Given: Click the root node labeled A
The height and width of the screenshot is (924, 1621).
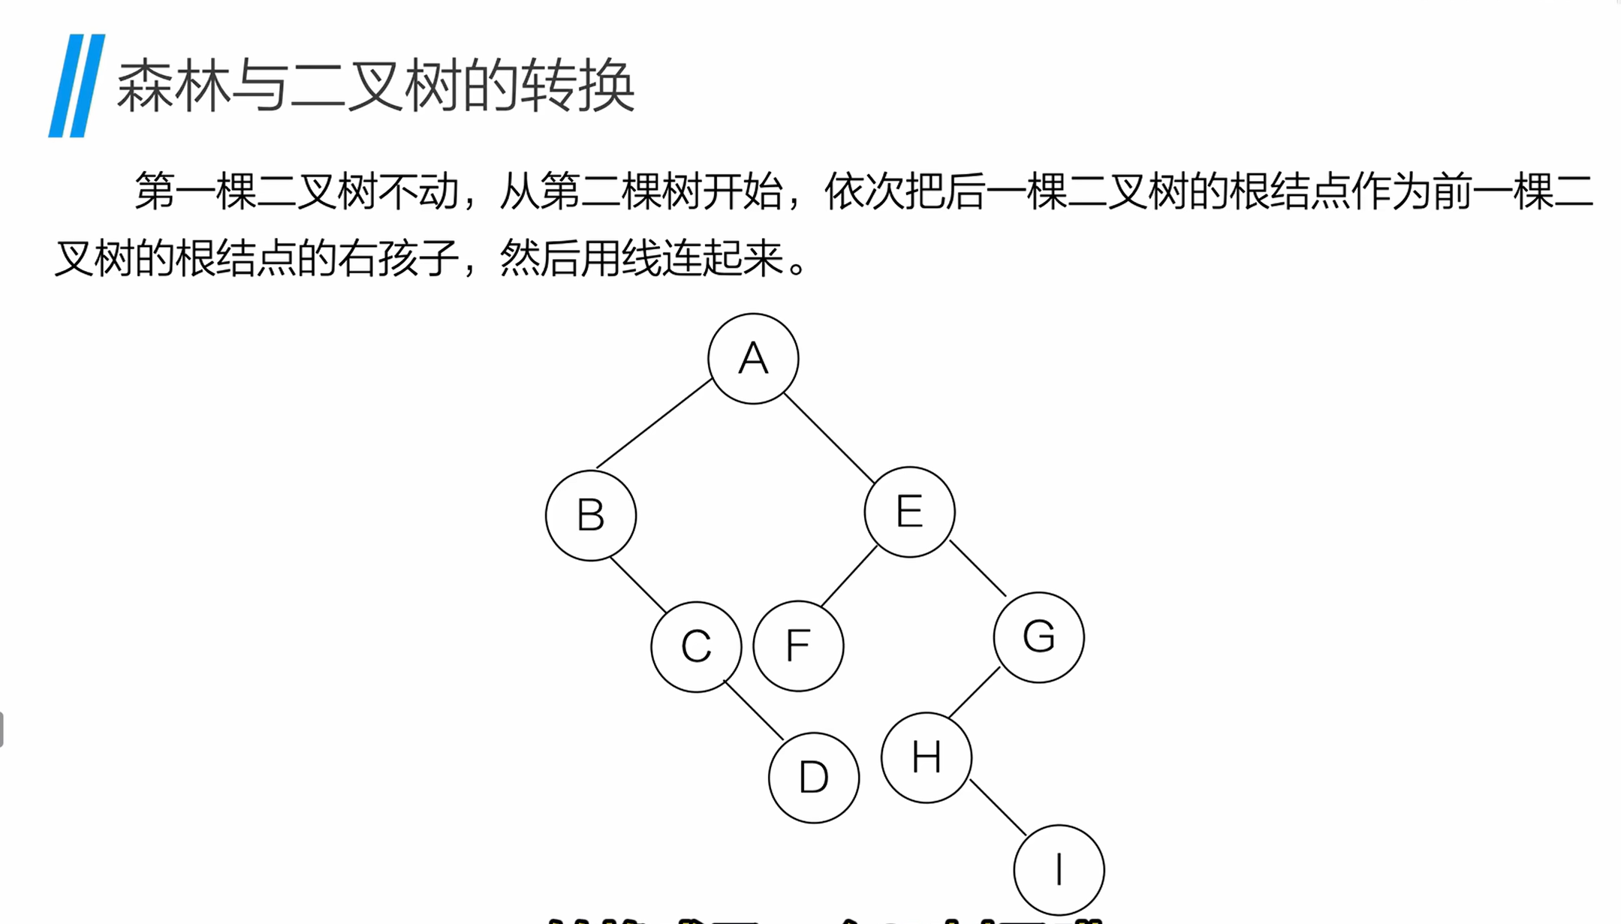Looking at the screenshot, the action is point(753,359).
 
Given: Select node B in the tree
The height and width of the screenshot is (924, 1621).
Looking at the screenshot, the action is point(591,515).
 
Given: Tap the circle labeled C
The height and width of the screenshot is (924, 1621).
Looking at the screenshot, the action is point(696,646).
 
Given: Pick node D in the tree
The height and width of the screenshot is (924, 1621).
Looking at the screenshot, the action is point(814,778).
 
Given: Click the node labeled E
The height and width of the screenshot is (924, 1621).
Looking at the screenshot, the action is point(909,512).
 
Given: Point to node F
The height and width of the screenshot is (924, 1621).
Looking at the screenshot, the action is point(798,646).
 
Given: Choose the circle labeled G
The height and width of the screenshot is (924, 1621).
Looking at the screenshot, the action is point(1038,637).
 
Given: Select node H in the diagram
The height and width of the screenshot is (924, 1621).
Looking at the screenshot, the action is point(927,757).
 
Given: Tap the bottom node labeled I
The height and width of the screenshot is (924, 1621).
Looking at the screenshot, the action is point(1059,870).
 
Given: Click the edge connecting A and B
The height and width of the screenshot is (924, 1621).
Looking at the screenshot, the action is point(654,424).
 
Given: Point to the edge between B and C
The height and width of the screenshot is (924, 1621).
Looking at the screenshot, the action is point(638,585).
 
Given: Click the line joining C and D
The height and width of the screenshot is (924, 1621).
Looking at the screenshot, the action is point(754,710).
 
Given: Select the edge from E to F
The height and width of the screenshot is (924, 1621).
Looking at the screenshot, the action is point(849,576).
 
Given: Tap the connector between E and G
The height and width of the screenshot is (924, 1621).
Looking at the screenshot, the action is point(978,568).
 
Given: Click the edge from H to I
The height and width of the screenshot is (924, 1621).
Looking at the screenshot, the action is point(998,807).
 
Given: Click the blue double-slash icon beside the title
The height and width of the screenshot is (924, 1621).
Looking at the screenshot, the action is point(77,86).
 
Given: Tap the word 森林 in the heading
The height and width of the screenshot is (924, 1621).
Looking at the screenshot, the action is point(173,86).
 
